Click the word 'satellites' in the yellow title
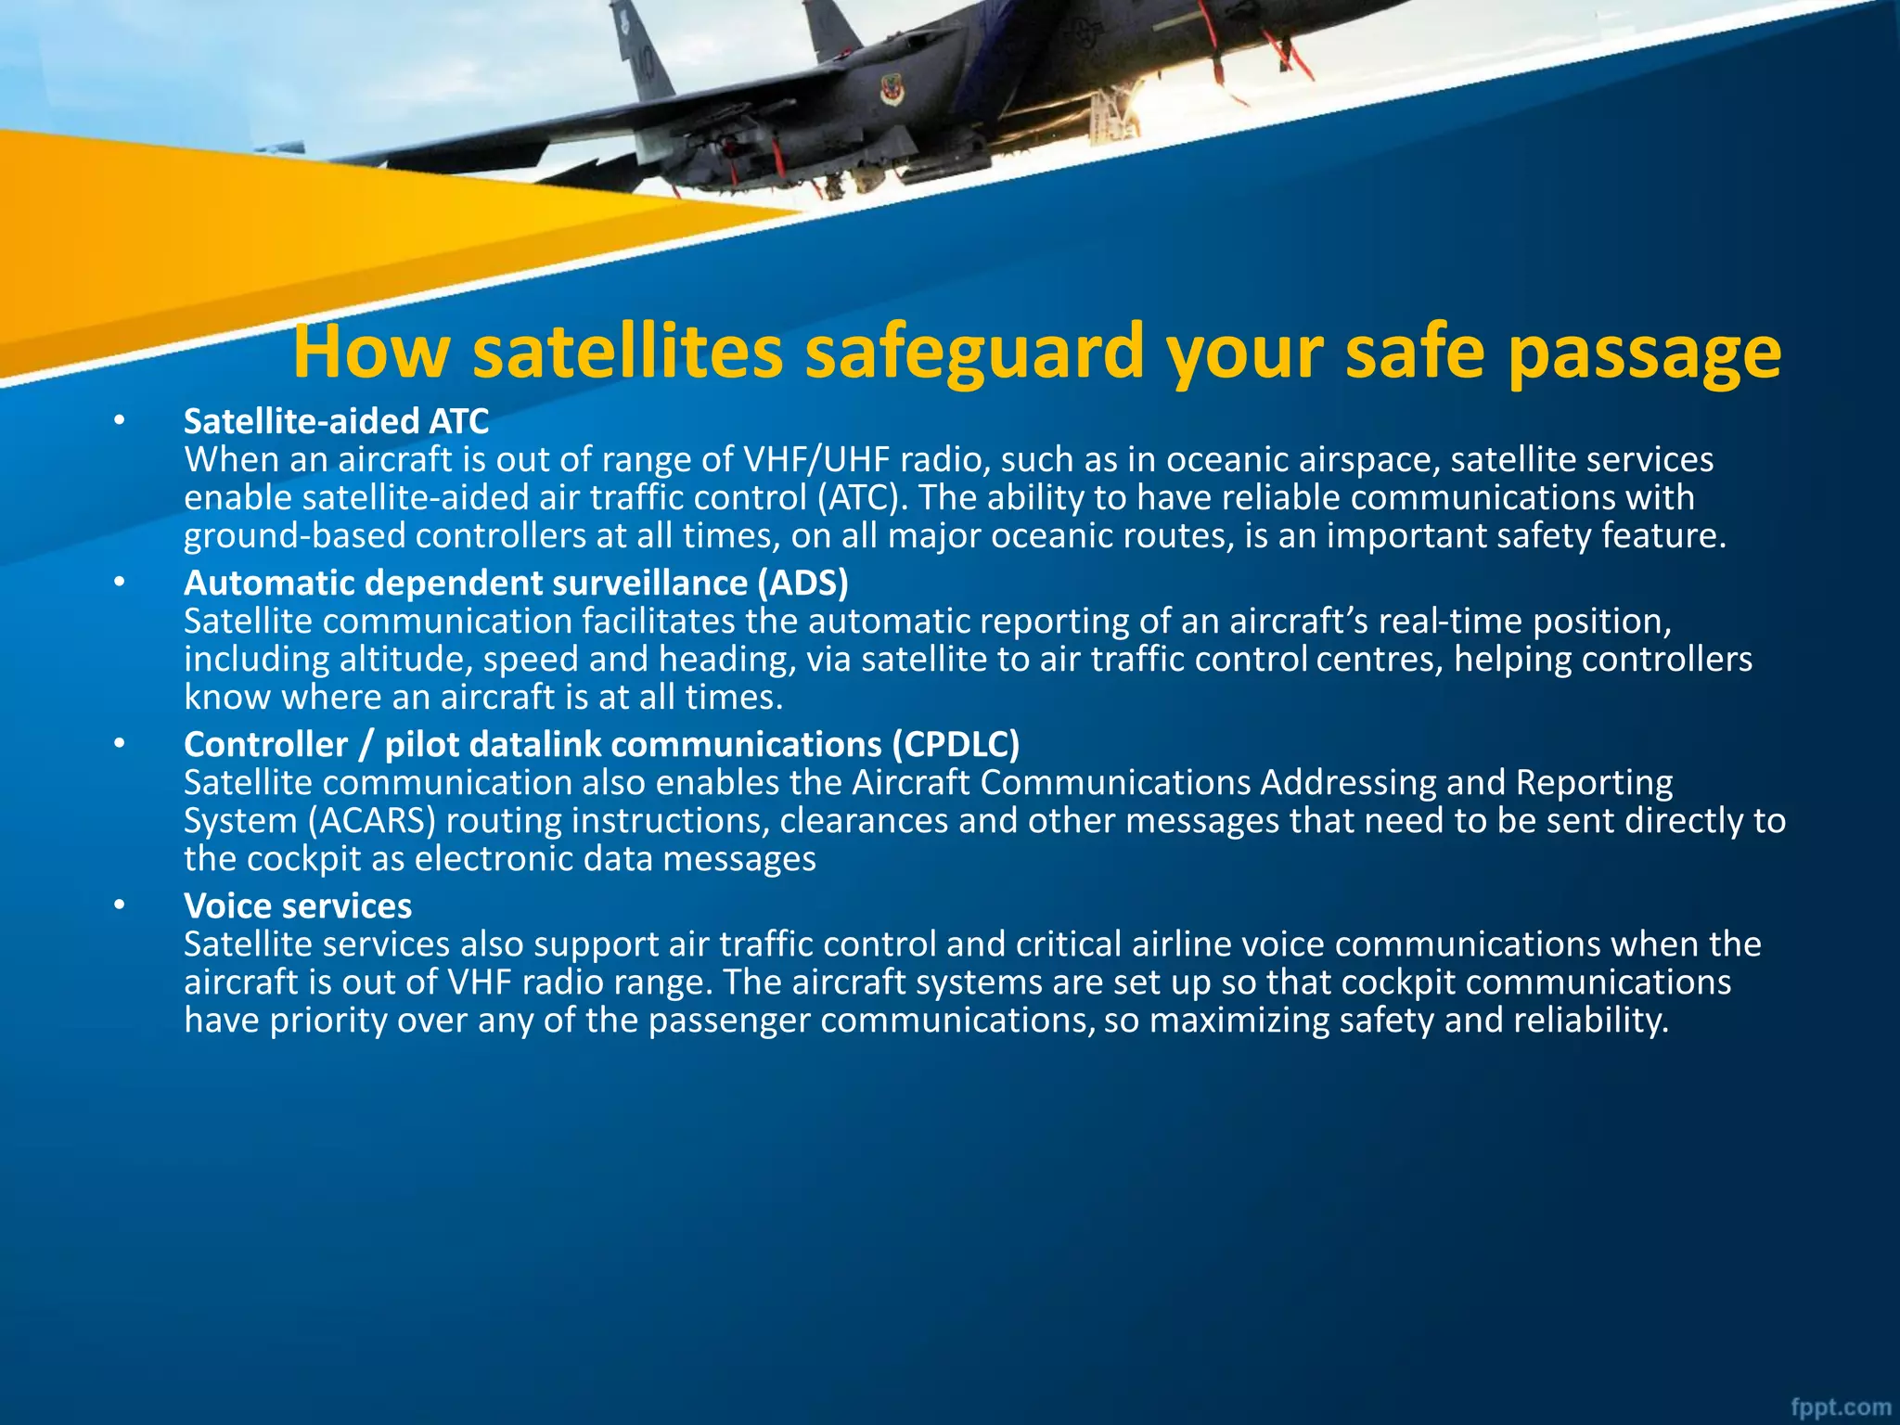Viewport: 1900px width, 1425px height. click(627, 352)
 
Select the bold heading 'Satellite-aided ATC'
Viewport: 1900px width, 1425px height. click(336, 421)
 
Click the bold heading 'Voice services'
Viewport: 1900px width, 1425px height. click(298, 905)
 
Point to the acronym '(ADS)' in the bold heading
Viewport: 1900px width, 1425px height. click(802, 583)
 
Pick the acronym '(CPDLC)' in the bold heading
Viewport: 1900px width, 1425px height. click(956, 744)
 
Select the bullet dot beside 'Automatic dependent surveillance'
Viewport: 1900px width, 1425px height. click(119, 583)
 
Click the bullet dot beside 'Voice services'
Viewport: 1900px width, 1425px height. click(119, 905)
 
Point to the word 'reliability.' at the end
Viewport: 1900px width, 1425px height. click(1591, 1021)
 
